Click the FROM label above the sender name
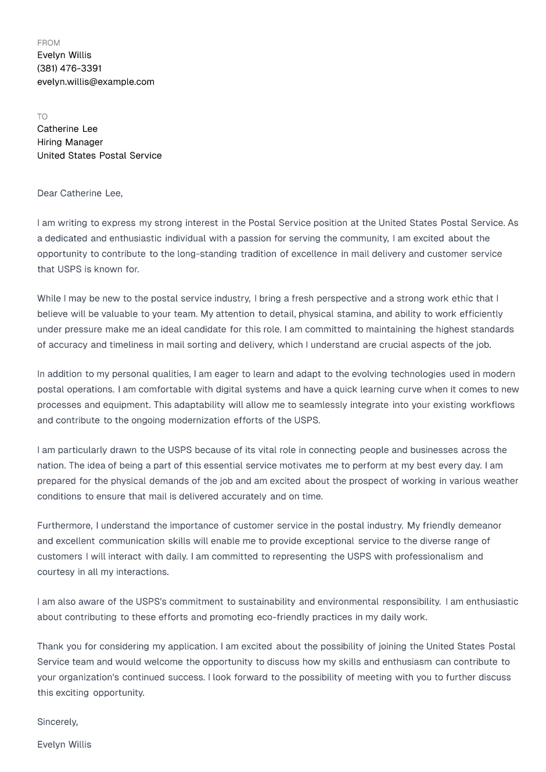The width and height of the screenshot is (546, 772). tap(48, 43)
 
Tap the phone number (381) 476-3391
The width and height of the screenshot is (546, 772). tap(69, 69)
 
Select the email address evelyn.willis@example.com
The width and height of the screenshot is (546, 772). tap(96, 82)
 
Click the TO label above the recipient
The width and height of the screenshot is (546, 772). tap(42, 117)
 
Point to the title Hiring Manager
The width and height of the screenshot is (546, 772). tap(70, 142)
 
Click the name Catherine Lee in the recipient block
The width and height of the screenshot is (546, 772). tap(67, 129)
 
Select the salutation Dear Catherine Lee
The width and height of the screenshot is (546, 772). tap(80, 193)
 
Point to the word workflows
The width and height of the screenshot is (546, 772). tap(492, 405)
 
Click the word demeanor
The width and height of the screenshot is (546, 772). tap(479, 526)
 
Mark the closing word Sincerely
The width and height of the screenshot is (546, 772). tap(57, 722)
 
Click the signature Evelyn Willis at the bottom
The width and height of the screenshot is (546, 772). tap(64, 745)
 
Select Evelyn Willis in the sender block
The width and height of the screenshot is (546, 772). tap(64, 55)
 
